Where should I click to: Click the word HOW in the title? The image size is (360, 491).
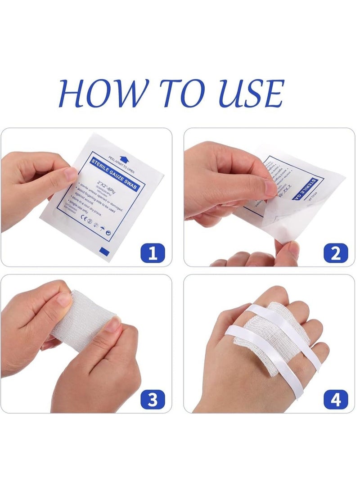(x=100, y=94)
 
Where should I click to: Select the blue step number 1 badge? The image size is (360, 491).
(x=153, y=253)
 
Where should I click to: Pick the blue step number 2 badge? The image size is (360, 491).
(x=336, y=253)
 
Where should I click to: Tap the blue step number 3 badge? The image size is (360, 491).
(x=153, y=399)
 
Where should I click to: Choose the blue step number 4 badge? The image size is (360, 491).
(x=336, y=399)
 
